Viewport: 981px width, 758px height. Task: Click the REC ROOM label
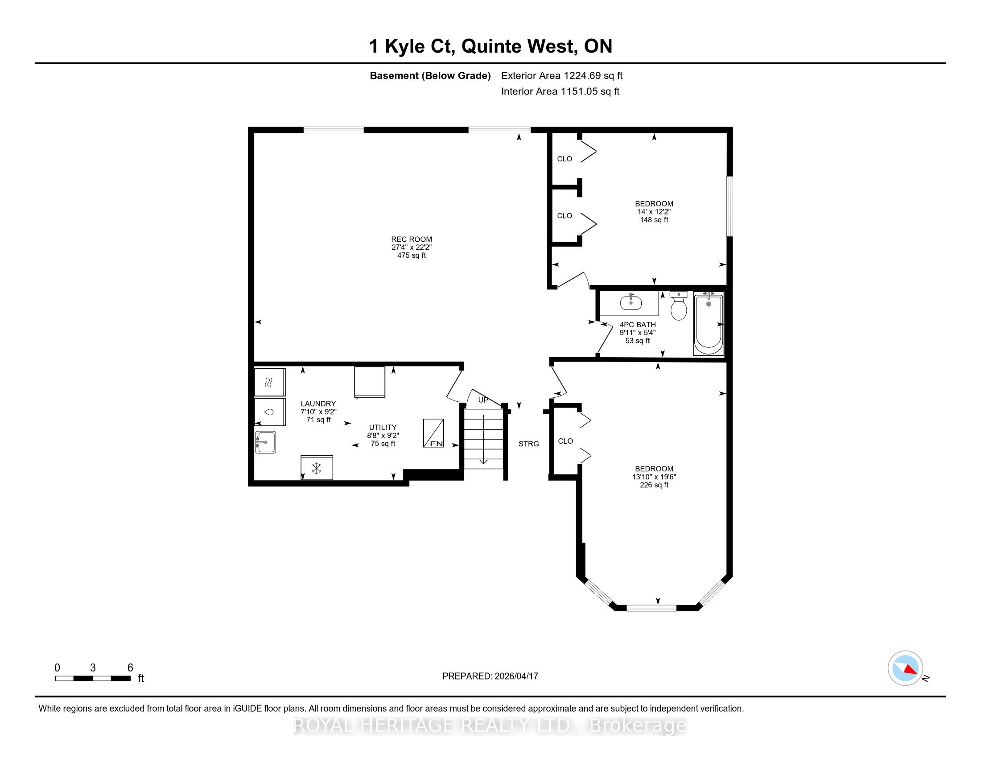(412, 239)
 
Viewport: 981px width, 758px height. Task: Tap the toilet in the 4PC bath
(678, 305)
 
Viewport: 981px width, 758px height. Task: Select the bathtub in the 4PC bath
(709, 324)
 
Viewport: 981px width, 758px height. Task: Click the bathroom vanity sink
(631, 303)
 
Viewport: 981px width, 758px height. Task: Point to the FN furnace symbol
(433, 433)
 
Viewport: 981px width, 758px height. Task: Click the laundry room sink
(265, 442)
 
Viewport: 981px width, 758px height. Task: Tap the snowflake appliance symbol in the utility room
(317, 468)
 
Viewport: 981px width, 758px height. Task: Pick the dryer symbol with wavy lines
(270, 383)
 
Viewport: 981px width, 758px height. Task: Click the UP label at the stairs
(483, 400)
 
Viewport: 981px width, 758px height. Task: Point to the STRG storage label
(529, 444)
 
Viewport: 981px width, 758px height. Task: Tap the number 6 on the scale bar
(130, 668)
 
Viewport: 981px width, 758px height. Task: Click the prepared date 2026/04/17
(515, 676)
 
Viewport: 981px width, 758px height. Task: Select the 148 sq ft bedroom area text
(654, 220)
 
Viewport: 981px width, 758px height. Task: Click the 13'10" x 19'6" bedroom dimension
(654, 477)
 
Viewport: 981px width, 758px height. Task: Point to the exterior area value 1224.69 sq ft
(594, 76)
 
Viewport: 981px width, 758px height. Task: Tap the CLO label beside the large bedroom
(565, 441)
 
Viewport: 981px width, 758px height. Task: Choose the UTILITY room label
(383, 428)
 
